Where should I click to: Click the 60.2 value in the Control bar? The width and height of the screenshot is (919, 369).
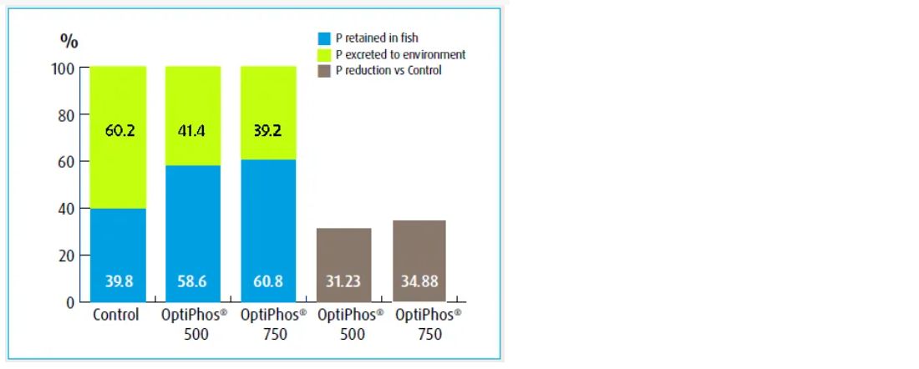(119, 131)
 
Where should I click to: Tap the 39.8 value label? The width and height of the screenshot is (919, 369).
(119, 281)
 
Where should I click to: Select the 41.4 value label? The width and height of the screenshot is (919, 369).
(193, 131)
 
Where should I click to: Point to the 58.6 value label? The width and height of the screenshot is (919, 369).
(193, 281)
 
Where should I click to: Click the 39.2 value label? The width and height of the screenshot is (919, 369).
(268, 131)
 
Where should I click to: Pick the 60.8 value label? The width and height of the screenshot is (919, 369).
(268, 281)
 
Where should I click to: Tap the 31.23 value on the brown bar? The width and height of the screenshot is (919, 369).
(343, 281)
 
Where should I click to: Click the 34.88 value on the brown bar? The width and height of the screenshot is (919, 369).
(418, 281)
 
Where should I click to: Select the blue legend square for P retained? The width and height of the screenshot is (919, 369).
(325, 38)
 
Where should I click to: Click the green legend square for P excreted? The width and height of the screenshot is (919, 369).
(325, 54)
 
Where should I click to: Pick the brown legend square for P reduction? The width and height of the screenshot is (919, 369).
(325, 71)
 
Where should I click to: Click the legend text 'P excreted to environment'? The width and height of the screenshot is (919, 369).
(400, 54)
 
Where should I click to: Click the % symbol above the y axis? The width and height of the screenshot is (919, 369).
(69, 40)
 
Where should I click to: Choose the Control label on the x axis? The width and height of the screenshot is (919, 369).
(115, 317)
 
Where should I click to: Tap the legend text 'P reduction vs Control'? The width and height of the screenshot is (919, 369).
(388, 71)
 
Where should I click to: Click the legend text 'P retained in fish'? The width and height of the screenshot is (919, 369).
(377, 38)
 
